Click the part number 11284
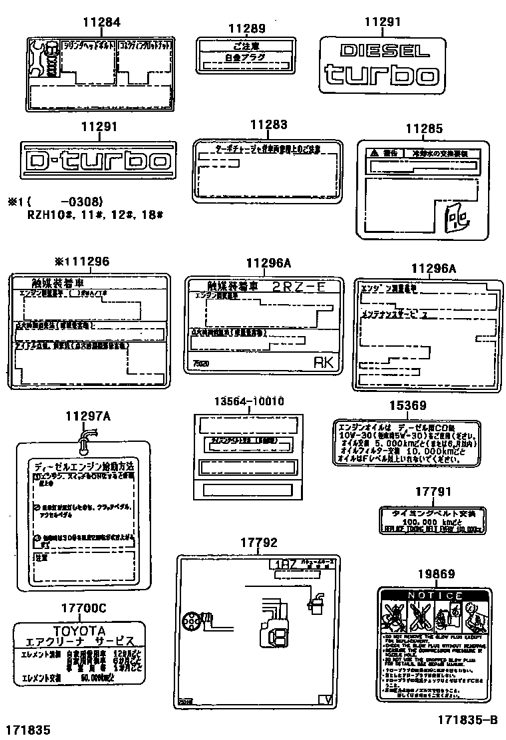point(101,23)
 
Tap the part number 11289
point(246,29)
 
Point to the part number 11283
point(268,124)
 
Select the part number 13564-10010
point(248,401)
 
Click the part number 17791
point(433,492)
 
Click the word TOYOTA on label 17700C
point(79,630)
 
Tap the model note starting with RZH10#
point(95,215)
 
